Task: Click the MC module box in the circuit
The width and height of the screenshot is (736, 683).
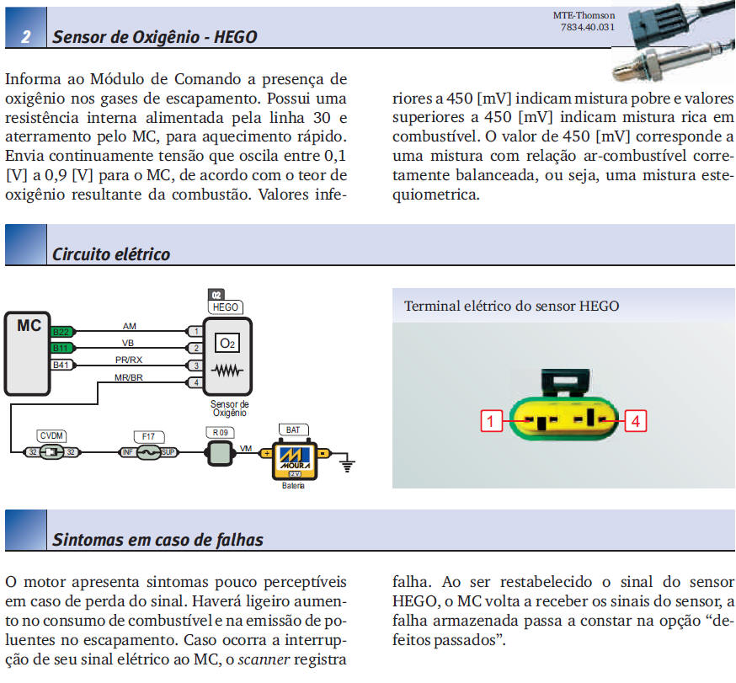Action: point(27,353)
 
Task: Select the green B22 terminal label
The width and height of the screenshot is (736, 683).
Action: point(62,332)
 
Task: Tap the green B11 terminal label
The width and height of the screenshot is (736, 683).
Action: point(62,348)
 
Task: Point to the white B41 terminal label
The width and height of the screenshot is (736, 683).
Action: point(62,365)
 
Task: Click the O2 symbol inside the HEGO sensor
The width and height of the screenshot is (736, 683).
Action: point(227,343)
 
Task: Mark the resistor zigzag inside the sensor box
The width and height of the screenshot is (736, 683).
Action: point(227,371)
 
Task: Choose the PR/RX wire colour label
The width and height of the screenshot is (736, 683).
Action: point(129,360)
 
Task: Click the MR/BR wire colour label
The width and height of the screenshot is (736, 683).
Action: point(129,377)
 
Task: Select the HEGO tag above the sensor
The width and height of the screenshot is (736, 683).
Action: point(226,307)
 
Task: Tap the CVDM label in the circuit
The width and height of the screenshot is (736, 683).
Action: point(51,435)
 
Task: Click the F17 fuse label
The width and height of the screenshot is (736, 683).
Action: point(149,436)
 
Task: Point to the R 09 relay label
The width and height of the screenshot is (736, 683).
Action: point(220,432)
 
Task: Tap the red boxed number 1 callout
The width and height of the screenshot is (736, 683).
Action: point(491,421)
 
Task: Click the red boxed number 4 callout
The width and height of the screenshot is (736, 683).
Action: point(636,421)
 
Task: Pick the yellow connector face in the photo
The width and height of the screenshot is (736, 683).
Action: point(563,419)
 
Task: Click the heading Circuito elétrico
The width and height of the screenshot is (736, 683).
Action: point(111,254)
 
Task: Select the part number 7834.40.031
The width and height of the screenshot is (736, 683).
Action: point(588,27)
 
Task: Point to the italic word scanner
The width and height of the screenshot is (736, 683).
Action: point(264,659)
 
